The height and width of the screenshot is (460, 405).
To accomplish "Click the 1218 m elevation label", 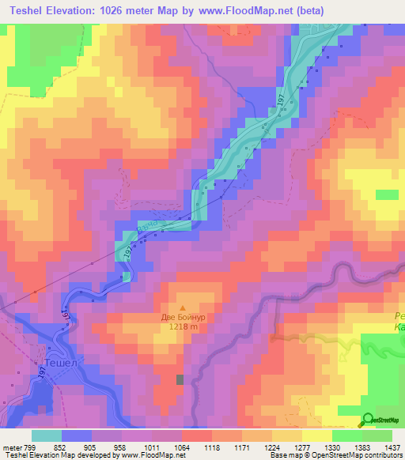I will pos(183,327).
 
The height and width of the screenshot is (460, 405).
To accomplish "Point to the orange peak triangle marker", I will pos(183,307).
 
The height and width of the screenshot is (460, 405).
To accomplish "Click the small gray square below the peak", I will pos(180,380).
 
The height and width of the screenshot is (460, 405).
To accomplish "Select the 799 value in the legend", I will pos(29,447).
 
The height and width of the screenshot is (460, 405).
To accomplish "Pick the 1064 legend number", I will pos(181,447).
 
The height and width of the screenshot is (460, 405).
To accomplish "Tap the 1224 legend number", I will pos(272,447).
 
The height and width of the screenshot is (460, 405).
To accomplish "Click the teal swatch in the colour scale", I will pos(47,435).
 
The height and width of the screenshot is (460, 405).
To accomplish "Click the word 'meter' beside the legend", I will pos(12,447).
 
